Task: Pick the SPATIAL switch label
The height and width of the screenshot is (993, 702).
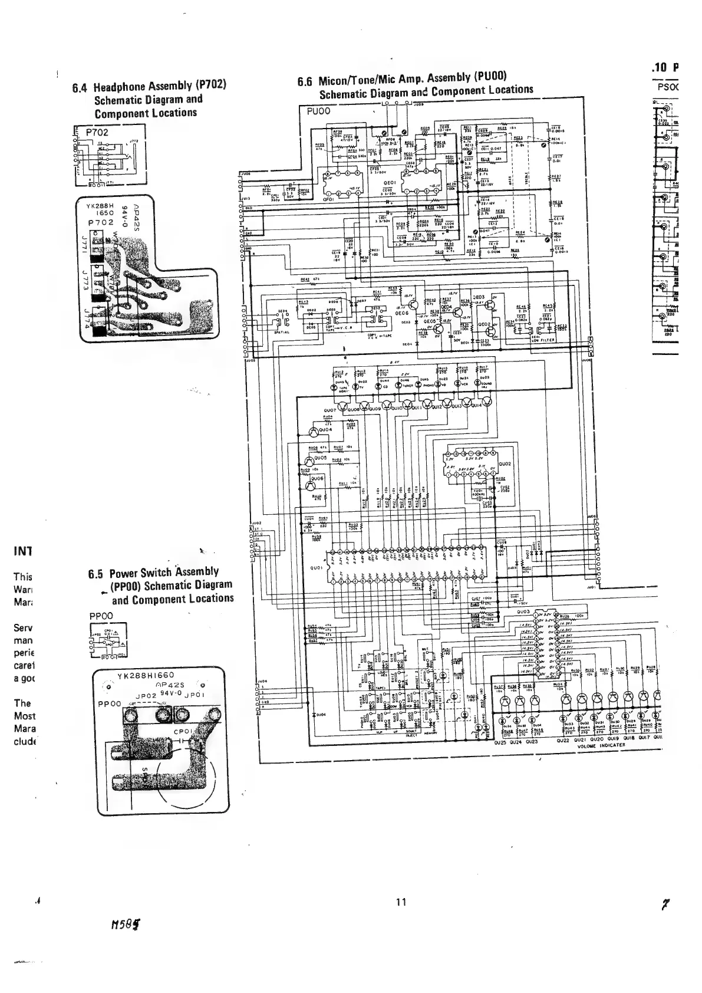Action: [x=281, y=331]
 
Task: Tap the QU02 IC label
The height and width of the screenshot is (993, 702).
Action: [x=505, y=463]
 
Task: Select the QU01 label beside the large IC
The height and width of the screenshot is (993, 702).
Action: [x=315, y=568]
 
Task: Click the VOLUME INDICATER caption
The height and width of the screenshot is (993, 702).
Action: [x=601, y=745]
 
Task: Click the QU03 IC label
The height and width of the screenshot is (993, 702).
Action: [x=525, y=611]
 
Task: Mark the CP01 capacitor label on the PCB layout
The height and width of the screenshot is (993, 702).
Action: [x=184, y=732]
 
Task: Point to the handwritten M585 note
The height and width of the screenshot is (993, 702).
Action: [x=127, y=942]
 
